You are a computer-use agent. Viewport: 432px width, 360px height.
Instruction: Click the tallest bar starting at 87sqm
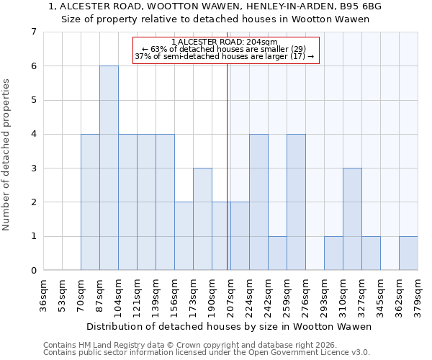click(109, 168)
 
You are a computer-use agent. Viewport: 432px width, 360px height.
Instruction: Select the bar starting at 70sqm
click(90, 202)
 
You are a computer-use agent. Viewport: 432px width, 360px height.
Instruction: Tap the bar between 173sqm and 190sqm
click(202, 219)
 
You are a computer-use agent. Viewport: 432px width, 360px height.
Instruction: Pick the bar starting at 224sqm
click(258, 202)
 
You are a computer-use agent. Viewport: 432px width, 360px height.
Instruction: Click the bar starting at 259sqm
click(296, 202)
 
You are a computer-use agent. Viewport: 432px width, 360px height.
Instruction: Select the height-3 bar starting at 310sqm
click(352, 219)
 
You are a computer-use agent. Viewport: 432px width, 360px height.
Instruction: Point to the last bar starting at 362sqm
click(408, 253)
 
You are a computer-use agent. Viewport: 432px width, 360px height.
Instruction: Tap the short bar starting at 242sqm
click(277, 253)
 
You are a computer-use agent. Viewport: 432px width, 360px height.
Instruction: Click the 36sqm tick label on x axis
click(44, 295)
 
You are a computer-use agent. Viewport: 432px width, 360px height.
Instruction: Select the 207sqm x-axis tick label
click(231, 295)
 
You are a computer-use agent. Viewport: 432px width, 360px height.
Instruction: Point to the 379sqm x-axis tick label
click(418, 295)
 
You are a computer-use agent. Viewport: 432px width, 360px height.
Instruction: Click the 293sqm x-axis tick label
click(325, 295)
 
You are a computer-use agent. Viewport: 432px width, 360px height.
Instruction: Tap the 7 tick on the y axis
click(33, 32)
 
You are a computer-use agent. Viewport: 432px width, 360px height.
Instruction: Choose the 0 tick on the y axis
click(33, 271)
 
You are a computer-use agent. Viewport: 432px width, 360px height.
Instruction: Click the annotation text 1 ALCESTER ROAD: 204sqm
click(225, 42)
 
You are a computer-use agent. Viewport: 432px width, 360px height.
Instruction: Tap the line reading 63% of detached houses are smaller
click(225, 50)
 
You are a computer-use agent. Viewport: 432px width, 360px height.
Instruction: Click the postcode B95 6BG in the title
click(363, 6)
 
